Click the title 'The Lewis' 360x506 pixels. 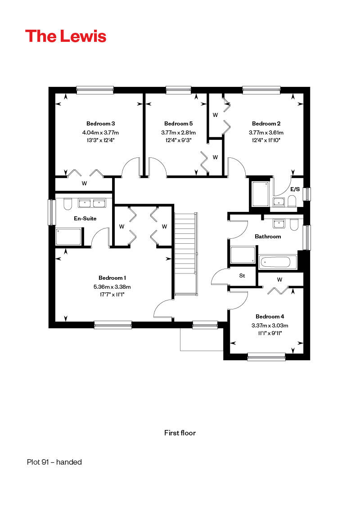tap(66, 36)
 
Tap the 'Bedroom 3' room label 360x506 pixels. tap(100, 124)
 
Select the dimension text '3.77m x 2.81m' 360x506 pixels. tap(178, 133)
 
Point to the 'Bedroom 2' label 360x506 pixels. tap(266, 124)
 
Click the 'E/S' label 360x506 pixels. tap(295, 189)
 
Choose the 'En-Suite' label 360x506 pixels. tap(85, 219)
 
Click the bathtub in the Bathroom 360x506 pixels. tap(278, 262)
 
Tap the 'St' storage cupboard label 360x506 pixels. tap(242, 276)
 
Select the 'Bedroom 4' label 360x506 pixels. tap(270, 317)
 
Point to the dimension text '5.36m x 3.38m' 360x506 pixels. tap(112, 287)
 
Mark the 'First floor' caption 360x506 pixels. tap(180, 433)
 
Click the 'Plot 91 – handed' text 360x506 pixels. tap(54, 462)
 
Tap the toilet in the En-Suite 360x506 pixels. tap(67, 204)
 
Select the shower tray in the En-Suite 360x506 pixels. tap(68, 237)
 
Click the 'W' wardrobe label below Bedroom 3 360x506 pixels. tap(84, 184)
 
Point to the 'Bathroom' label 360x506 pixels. tap(268, 237)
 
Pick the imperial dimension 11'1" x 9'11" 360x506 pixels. tap(270, 333)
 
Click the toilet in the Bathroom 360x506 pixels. tap(294, 224)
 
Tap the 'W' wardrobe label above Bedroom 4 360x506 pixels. tap(279, 279)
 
